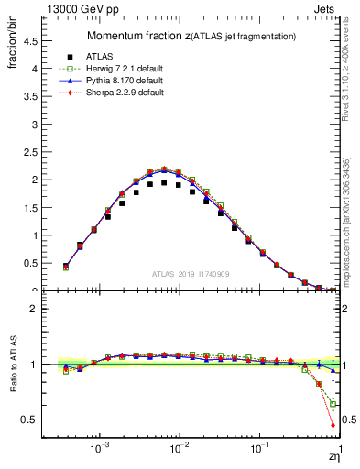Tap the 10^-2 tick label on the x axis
(180, 451)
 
